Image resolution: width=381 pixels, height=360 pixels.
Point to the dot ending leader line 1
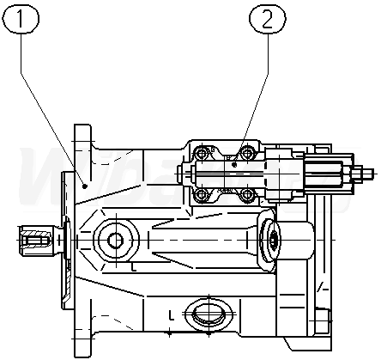(x=85, y=186)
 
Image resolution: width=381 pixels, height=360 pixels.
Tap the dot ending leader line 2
(x=234, y=165)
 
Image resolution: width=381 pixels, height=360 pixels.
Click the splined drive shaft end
(x=35, y=240)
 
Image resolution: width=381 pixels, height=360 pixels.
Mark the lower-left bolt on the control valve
(x=202, y=195)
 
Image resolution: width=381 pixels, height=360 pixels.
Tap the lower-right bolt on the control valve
(x=246, y=195)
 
